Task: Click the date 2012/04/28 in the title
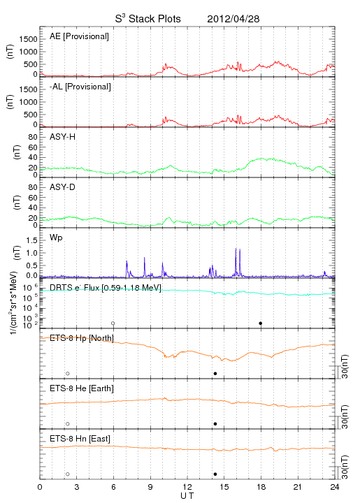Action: pos(233,19)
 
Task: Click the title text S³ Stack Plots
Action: pos(148,19)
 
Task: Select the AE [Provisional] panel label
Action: pos(79,36)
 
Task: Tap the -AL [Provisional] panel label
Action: pos(80,87)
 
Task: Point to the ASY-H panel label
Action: pos(63,137)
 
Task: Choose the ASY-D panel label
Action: pos(63,187)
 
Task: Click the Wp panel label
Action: pos(56,238)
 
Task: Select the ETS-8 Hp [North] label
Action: pos(82,338)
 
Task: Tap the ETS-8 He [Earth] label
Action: pos(82,388)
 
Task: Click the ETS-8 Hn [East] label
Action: pos(80,439)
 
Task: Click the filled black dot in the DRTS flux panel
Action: pos(261,323)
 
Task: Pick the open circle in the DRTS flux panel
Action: pos(113,323)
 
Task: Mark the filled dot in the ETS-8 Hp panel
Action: pos(215,373)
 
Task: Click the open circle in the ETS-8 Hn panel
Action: pos(68,474)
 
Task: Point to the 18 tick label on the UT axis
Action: pos(261,487)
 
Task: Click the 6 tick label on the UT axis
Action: pos(113,487)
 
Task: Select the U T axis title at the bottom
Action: pos(187,496)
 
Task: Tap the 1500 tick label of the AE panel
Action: pos(28,39)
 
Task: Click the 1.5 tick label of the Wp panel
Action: pos(31,240)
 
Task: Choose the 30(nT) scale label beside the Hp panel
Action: pos(345,366)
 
